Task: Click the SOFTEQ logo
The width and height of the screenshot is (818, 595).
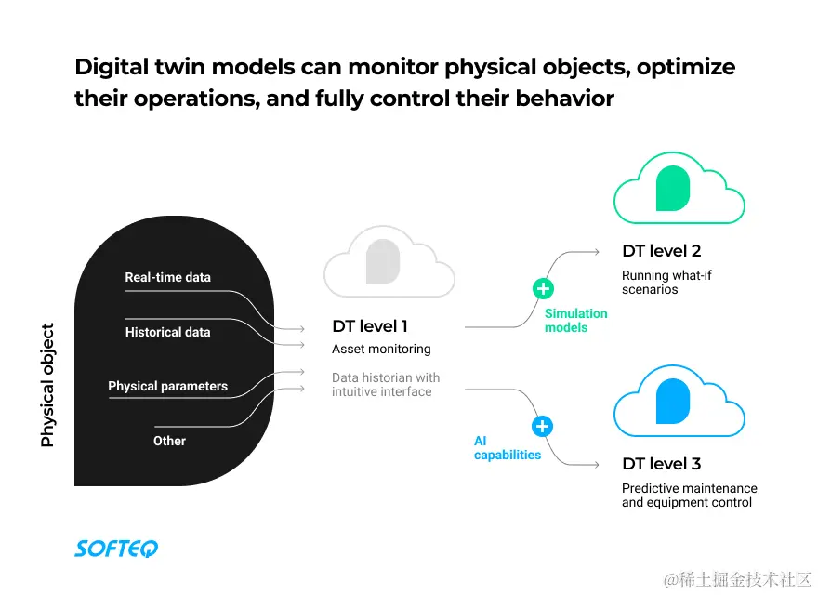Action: pos(116,549)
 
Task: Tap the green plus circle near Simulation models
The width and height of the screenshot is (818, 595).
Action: pos(543,288)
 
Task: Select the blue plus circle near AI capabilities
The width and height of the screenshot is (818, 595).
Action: pos(542,427)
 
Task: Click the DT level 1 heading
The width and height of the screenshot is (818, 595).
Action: pos(370,326)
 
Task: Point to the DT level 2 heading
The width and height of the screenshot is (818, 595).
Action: pos(661,251)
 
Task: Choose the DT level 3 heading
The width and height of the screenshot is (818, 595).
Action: pos(661,464)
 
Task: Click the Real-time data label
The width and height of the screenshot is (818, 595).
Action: pos(167,277)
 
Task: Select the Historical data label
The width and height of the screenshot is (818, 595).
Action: pos(167,332)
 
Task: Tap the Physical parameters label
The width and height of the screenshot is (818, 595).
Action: pos(167,386)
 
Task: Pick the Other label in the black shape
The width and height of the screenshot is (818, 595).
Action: pos(169,441)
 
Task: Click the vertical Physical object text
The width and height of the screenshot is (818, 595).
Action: pos(48,385)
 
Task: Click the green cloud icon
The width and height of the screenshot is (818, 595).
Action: pos(679,188)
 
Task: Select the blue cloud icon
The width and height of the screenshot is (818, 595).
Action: pos(679,402)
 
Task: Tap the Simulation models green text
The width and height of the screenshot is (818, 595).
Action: pos(575,321)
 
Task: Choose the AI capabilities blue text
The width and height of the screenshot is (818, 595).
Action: pos(507,448)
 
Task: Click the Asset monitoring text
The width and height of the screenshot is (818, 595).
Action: pos(381,350)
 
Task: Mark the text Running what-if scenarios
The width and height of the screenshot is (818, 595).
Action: pos(666,283)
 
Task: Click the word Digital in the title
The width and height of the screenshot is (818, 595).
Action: pos(111,68)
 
